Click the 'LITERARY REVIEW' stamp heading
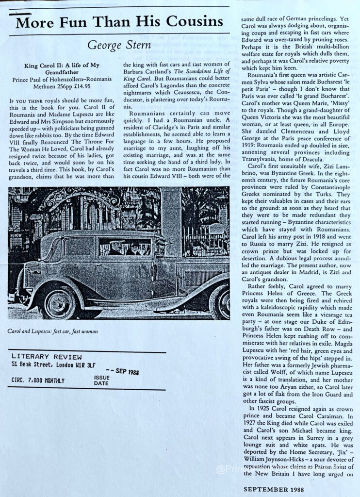click(42, 357)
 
